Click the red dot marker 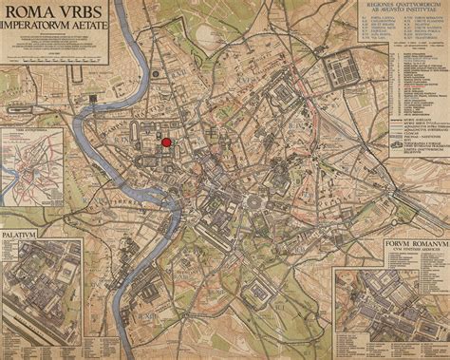point(168,142)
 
